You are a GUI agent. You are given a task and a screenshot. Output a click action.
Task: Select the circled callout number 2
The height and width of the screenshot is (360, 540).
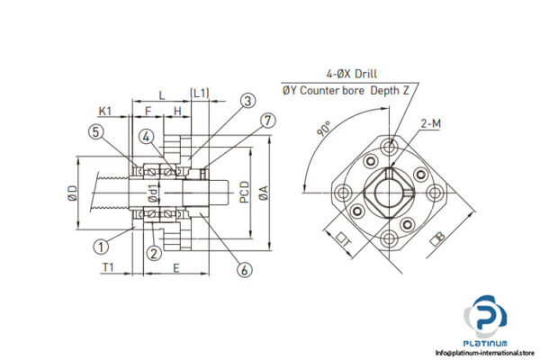155,253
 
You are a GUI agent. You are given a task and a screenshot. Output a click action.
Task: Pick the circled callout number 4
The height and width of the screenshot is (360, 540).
145,137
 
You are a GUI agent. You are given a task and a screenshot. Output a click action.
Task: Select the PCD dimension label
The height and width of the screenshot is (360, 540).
245,190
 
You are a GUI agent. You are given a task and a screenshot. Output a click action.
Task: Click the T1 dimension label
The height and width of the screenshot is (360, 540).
108,267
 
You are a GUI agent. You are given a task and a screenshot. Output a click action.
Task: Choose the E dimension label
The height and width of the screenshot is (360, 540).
176,267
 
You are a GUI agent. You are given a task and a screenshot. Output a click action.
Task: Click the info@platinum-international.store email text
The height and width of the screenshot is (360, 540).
482,352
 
